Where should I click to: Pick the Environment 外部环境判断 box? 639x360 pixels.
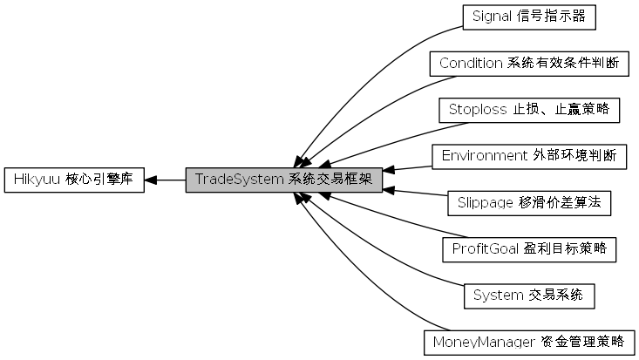529,156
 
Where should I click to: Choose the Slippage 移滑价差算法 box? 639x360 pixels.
528,203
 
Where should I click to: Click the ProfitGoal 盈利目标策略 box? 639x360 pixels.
529,249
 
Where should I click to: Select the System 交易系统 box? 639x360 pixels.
529,295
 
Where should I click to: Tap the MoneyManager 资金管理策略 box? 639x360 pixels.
529,342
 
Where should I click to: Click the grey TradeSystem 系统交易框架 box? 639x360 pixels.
283,180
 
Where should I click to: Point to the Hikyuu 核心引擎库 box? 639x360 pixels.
73,180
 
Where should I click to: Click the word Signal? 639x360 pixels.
492,17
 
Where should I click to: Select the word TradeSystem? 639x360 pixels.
239,180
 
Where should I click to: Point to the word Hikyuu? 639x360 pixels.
35,180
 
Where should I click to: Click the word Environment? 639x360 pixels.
483,156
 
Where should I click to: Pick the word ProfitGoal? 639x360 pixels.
486,249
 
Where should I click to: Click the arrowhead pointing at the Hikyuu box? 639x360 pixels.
151,180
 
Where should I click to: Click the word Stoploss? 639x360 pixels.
477,110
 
